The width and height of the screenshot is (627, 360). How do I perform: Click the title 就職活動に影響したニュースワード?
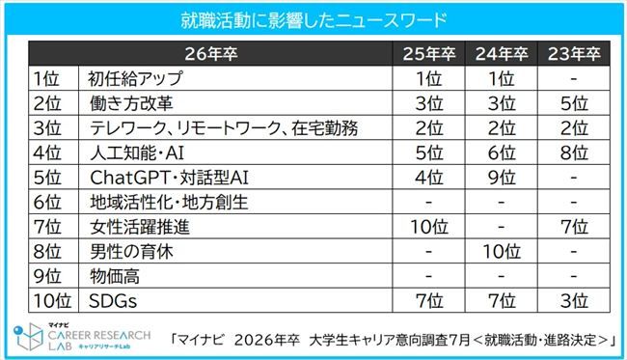[313, 19]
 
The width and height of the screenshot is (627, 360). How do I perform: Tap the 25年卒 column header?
[427, 52]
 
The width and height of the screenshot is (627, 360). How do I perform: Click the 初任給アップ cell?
[129, 77]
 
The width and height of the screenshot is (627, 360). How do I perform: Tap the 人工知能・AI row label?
[135, 152]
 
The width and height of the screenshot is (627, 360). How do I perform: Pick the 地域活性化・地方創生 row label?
[155, 203]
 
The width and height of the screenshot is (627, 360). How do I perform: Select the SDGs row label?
[111, 303]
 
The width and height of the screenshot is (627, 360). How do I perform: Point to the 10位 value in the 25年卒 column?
[427, 228]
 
